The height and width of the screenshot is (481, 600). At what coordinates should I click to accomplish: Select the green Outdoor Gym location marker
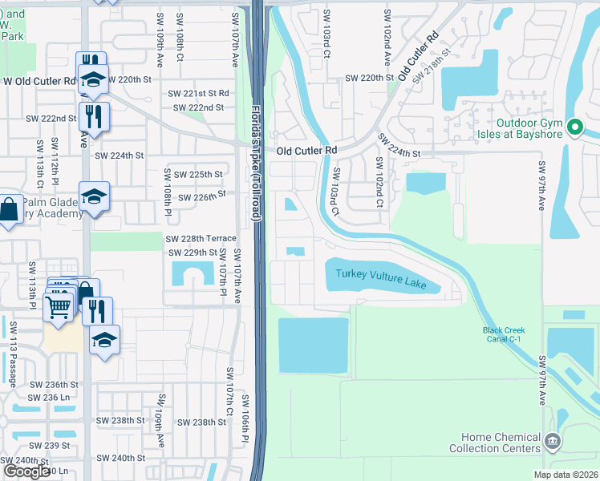[574, 127]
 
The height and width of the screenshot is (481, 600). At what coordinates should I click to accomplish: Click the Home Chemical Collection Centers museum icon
[552, 441]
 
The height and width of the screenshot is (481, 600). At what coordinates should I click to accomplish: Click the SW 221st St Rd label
[198, 94]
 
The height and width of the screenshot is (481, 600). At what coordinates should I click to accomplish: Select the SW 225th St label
[196, 174]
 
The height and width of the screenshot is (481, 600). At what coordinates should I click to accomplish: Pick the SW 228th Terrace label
[201, 239]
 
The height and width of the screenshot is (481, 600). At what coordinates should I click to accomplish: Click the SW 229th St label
[193, 253]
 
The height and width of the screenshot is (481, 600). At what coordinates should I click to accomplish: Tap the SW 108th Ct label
[180, 52]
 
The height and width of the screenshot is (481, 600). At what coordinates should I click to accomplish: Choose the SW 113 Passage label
[13, 353]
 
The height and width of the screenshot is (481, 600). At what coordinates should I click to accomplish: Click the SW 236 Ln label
[50, 398]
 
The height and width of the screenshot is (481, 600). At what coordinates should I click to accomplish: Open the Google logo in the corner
[26, 471]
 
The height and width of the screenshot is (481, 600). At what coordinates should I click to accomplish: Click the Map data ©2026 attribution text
[565, 475]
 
